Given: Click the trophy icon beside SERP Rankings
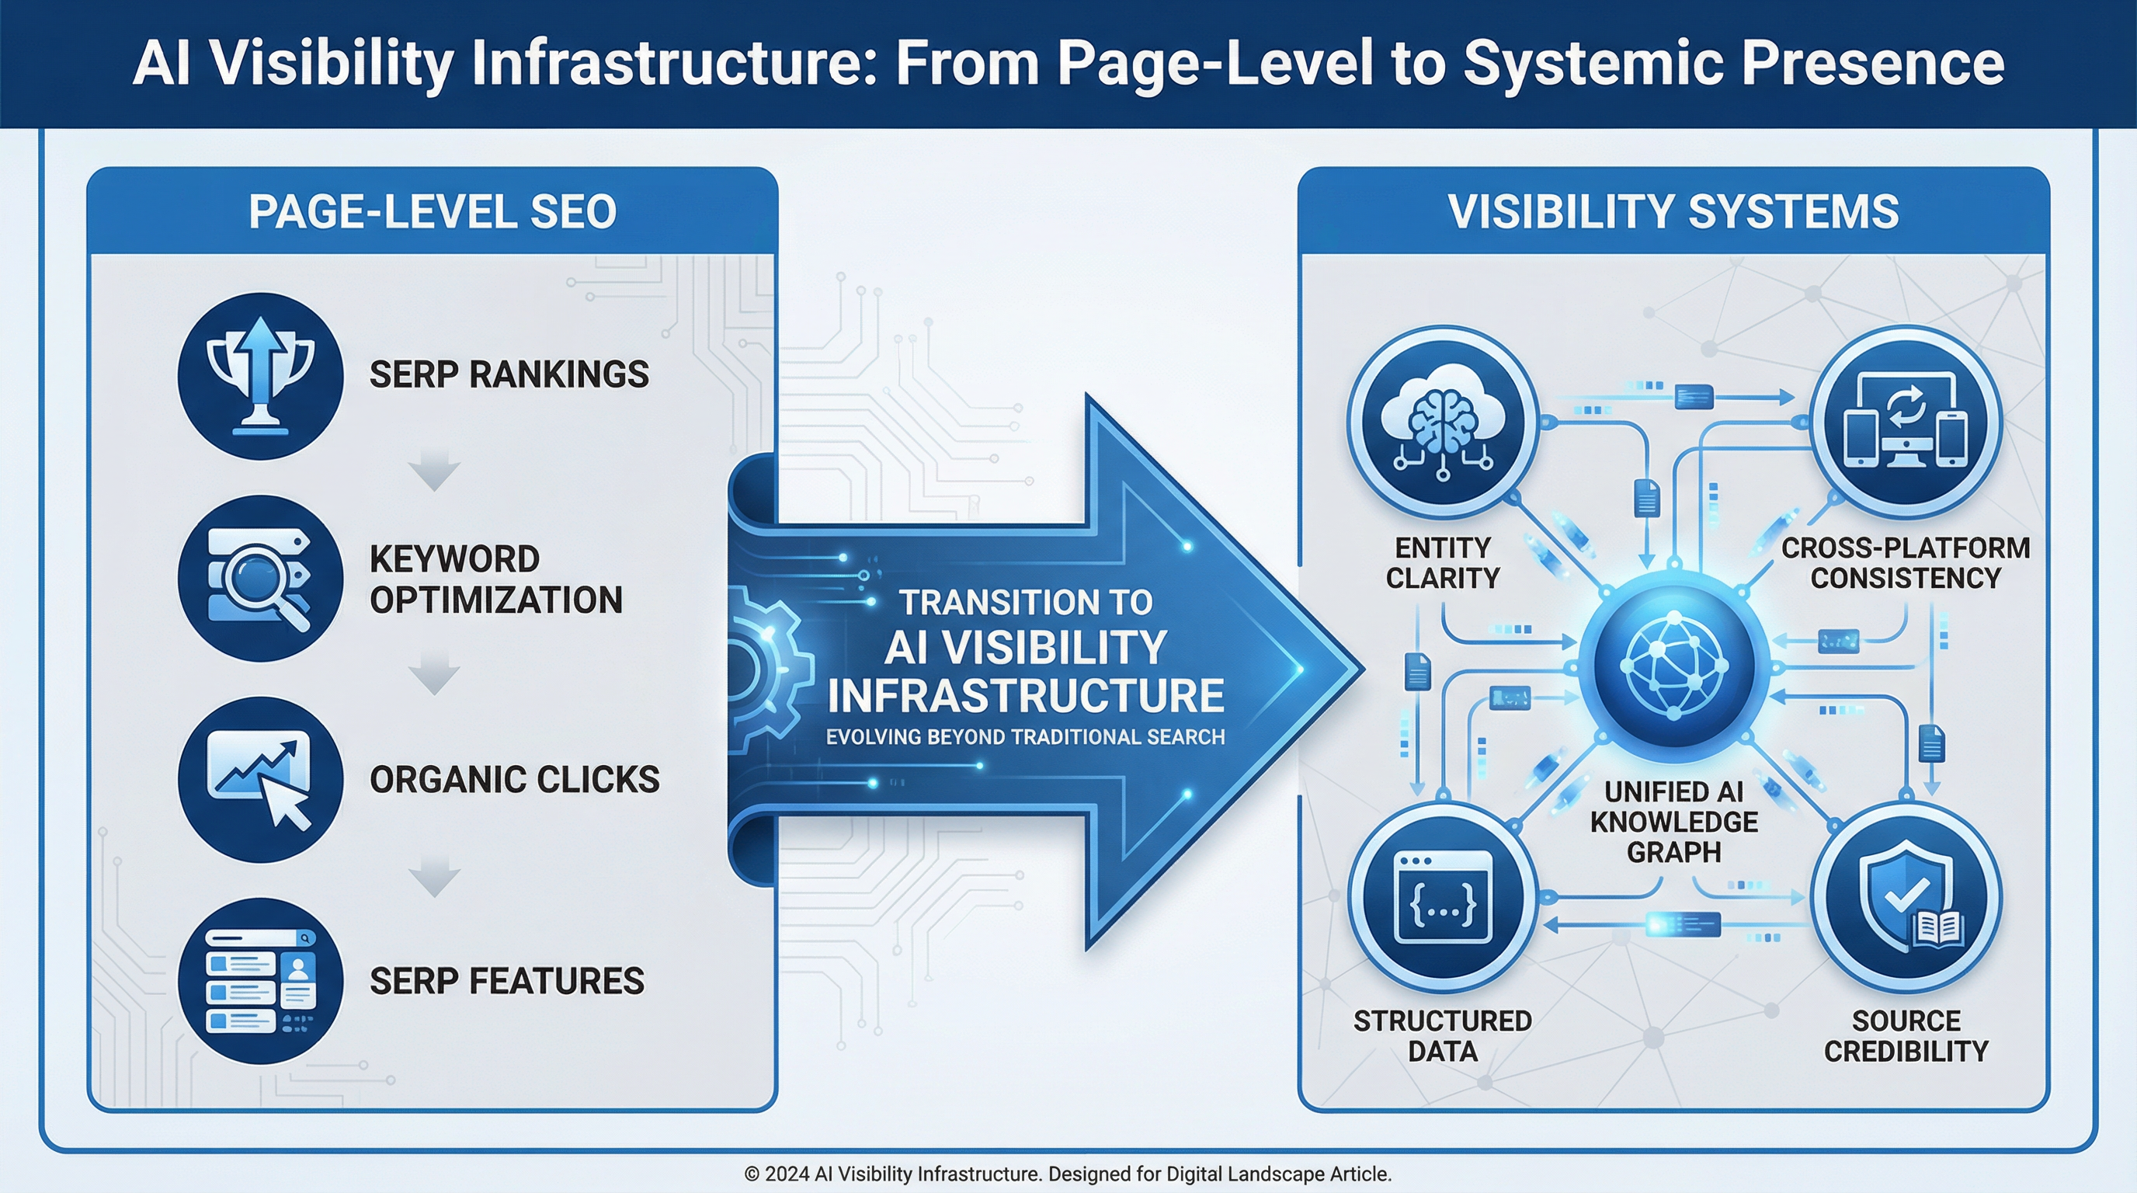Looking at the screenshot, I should pos(260,376).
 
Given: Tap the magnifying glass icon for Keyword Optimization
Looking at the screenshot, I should pos(260,579).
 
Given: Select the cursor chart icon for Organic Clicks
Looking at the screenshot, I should pos(260,780).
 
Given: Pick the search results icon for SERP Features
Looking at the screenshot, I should pos(260,982).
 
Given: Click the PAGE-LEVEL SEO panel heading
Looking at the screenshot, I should pos(433,211).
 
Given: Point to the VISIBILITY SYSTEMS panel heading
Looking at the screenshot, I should pos(1673,211).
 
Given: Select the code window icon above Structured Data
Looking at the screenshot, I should pos(1443,897).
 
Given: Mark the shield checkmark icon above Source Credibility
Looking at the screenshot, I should pos(1906,897).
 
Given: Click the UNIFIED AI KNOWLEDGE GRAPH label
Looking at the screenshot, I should pos(1673,821).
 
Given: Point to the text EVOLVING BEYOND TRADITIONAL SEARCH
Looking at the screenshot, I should pos(1025,737).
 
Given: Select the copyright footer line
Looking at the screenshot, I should pos(1068,1174).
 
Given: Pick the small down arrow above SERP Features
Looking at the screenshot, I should pos(434,876).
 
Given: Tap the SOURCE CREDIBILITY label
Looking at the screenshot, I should pos(1906,1035).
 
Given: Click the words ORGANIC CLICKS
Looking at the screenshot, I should pos(514,780).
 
